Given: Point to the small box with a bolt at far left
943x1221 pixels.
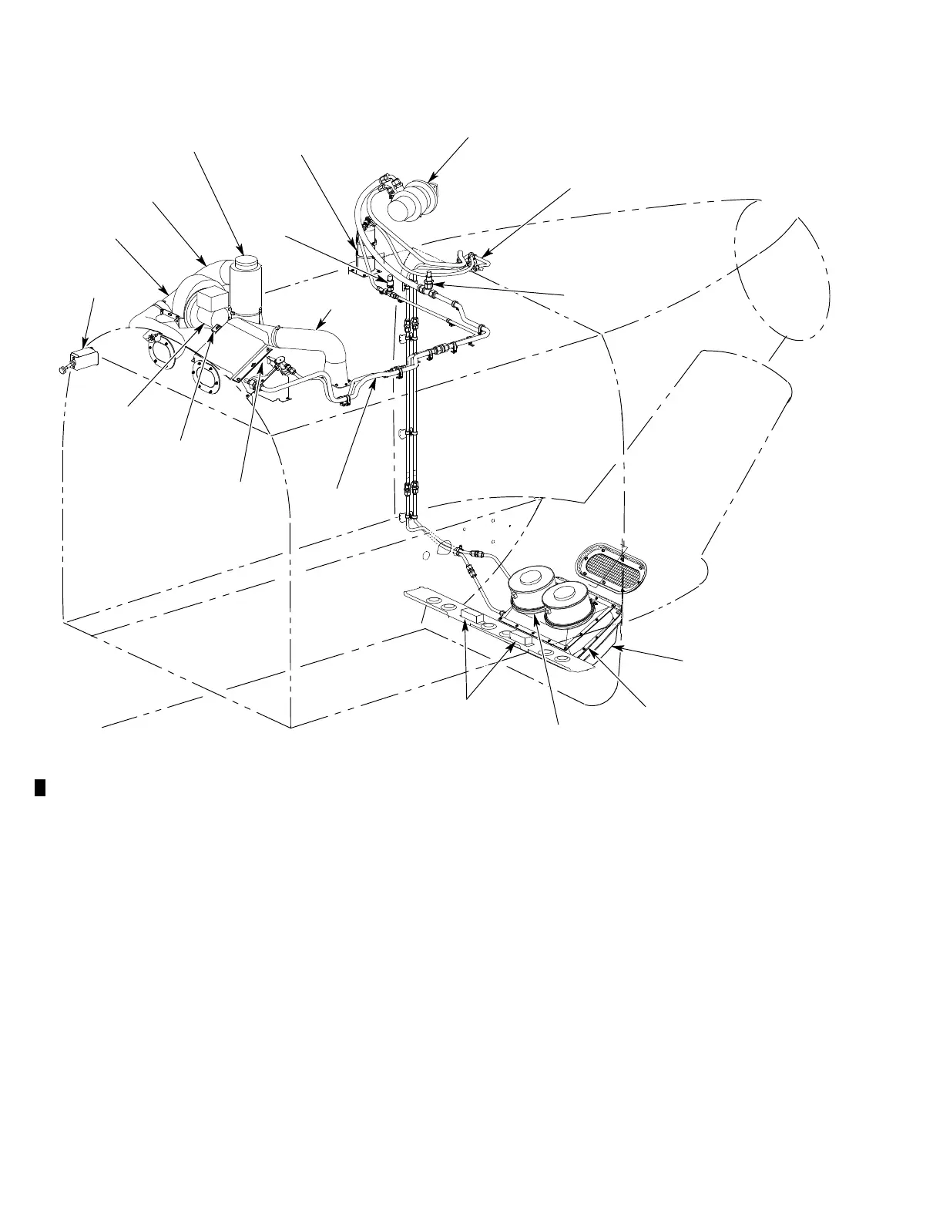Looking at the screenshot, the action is tap(83, 359).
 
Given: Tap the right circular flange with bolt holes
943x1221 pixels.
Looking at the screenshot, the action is tap(207, 378).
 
